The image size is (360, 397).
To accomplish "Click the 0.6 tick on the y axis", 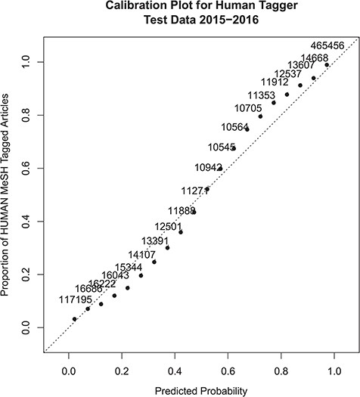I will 29,168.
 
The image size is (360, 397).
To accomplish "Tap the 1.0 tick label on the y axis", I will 29,61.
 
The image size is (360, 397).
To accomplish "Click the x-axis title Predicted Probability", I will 201,389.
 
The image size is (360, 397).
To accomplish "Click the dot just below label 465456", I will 327,65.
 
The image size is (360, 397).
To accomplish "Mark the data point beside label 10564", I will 247,129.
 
